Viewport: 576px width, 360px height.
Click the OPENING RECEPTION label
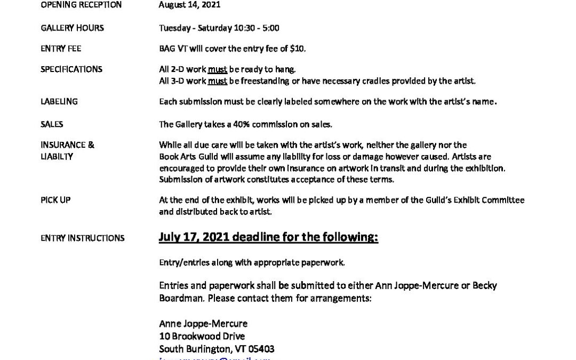(81, 5)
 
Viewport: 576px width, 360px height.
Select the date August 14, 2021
(189, 5)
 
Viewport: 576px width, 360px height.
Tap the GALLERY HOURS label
(72, 28)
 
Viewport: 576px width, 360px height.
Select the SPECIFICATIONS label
(71, 69)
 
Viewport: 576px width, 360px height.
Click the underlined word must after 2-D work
(218, 69)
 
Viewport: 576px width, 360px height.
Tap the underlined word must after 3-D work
(218, 81)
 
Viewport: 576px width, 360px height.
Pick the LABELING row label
(59, 101)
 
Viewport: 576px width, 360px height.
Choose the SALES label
(52, 124)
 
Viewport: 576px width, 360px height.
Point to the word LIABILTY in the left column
(57, 157)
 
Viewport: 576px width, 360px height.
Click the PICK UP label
(55, 200)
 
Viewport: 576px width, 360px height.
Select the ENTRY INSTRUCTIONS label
(83, 238)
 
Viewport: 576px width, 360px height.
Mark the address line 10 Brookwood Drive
(202, 336)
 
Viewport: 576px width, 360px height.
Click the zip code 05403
(261, 349)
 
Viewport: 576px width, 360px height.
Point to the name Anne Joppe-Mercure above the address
(203, 323)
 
